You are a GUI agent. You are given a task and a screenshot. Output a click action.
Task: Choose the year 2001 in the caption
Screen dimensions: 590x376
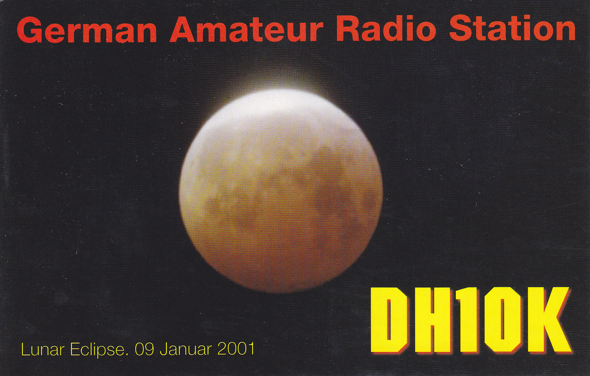[236, 349]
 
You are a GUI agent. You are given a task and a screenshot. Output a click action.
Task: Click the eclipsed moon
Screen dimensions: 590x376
[281, 191]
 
